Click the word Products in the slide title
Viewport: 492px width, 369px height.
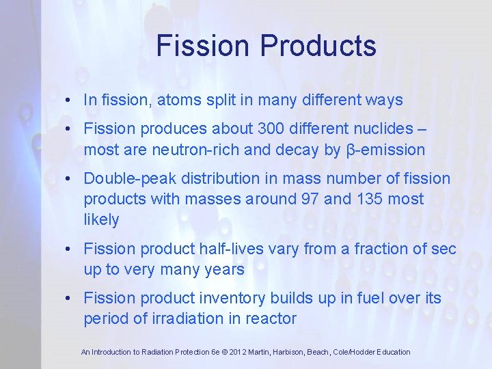click(318, 46)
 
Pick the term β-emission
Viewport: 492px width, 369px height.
click(385, 150)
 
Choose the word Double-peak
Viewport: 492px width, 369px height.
click(127, 179)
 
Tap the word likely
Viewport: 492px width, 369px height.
click(101, 220)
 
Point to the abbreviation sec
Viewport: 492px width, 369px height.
click(442, 249)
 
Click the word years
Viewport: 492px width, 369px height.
click(220, 270)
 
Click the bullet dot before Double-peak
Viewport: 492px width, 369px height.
click(70, 180)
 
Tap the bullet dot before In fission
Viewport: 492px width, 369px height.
click(70, 100)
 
